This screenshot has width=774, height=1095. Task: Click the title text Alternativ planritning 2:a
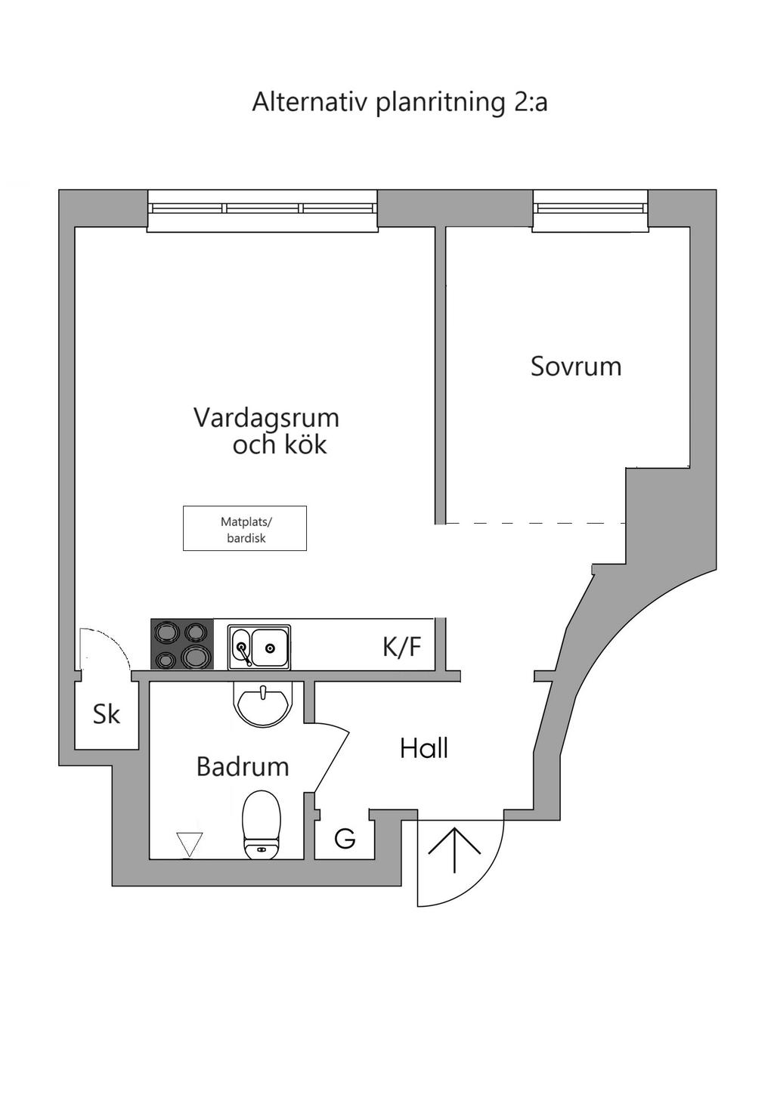tap(399, 102)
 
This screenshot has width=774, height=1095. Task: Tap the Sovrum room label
tap(575, 367)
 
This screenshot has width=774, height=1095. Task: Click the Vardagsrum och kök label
tap(266, 431)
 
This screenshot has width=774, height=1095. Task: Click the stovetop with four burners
tap(182, 645)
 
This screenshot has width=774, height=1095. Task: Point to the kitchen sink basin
tap(269, 647)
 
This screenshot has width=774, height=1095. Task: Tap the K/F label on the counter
tap(401, 648)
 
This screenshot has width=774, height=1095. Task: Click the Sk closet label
tap(106, 714)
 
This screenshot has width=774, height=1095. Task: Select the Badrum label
tap(243, 767)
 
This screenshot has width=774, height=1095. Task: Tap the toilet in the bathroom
tap(262, 825)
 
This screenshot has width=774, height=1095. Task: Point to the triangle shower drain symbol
tap(189, 843)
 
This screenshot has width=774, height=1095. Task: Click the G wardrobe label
tap(345, 839)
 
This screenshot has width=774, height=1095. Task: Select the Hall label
tap(424, 749)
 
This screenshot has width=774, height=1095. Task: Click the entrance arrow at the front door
tap(454, 849)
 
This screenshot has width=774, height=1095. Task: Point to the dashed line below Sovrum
tap(534, 523)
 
